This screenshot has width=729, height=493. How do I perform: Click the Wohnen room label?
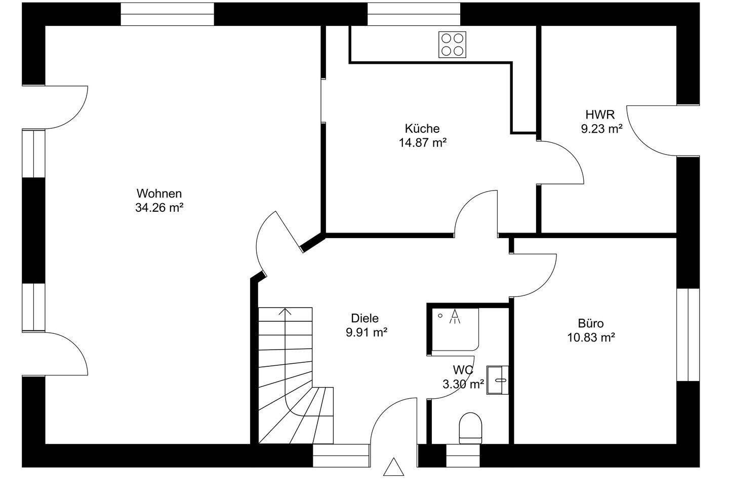coord(158,194)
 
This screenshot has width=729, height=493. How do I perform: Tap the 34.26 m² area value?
coord(158,207)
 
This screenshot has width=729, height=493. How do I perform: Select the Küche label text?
coord(422,129)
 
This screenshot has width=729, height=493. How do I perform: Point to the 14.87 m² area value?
coord(422,142)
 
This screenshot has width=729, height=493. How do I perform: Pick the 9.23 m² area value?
coord(601,129)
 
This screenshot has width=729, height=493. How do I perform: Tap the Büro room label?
coord(590,323)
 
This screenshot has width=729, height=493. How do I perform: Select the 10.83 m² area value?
coord(590,337)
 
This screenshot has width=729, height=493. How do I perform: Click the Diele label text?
coord(364,318)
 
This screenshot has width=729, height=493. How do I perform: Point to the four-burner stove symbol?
coord(452,44)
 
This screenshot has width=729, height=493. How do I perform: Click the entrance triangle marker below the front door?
coord(393,468)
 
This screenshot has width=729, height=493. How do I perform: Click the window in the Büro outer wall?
coord(688,335)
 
